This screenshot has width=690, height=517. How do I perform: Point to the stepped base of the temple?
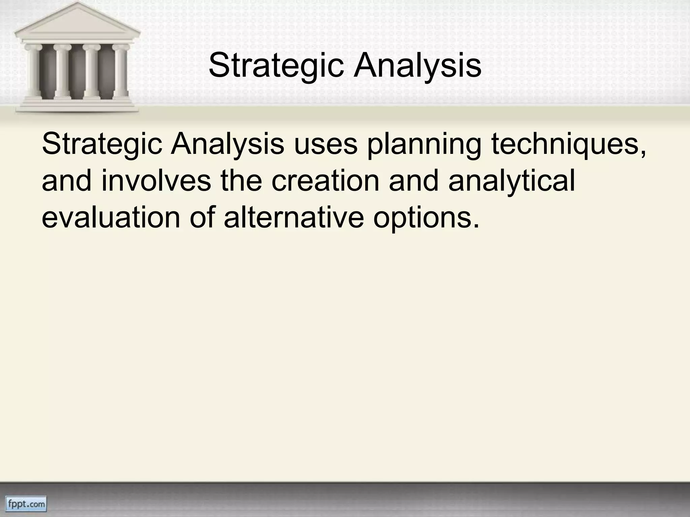77,105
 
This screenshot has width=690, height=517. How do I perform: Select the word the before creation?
241,181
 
